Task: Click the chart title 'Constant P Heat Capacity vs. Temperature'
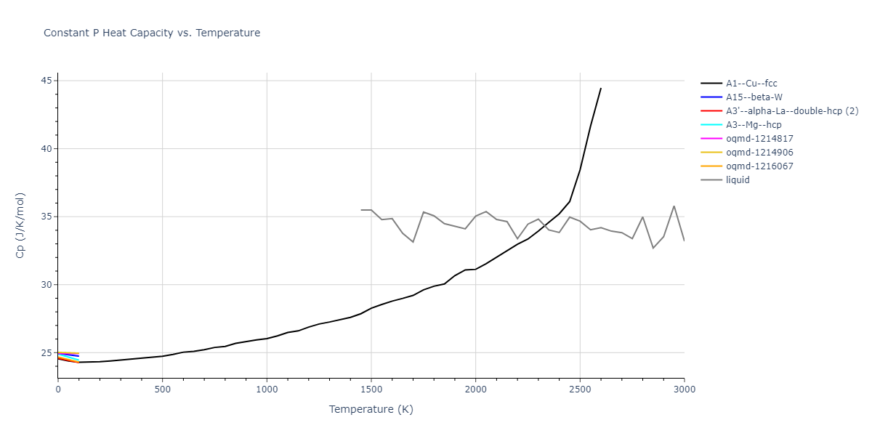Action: (x=152, y=33)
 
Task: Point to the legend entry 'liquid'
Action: (x=738, y=180)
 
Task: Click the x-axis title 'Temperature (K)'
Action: (x=371, y=410)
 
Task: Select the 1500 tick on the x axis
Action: (x=371, y=389)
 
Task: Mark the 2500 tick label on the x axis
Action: (x=580, y=389)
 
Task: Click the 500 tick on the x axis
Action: (x=162, y=389)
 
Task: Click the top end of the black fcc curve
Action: (x=601, y=88)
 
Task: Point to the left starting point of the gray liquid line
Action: (x=361, y=210)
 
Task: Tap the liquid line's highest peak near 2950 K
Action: (x=674, y=206)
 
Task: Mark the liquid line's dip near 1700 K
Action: (x=413, y=241)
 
